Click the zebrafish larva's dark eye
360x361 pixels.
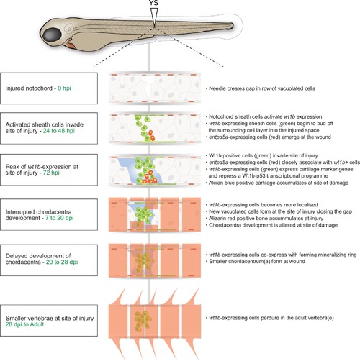(x=52, y=35)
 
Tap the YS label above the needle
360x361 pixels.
(x=154, y=3)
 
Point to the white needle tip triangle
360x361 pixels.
(x=154, y=17)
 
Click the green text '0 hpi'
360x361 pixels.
(x=64, y=88)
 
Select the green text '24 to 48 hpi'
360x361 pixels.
(x=59, y=131)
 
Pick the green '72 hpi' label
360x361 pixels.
(x=51, y=173)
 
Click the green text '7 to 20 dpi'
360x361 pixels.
(x=60, y=218)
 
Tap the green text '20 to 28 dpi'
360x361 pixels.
(x=62, y=262)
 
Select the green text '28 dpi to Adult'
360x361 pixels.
(x=24, y=324)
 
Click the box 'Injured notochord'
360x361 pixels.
(x=49, y=88)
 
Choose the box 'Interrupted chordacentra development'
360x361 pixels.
(x=49, y=214)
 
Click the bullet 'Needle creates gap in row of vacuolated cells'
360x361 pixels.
(x=261, y=88)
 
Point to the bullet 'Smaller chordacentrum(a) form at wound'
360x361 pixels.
(x=256, y=261)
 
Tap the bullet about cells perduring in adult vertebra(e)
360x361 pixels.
(x=270, y=318)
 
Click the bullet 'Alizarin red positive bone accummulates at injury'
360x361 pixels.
(x=264, y=219)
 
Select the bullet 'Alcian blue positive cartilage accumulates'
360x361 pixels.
(x=277, y=183)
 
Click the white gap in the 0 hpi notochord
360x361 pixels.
(x=148, y=88)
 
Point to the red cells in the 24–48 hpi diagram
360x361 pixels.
(x=151, y=135)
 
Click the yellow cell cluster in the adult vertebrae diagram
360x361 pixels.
(x=143, y=321)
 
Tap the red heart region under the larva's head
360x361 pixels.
(x=71, y=45)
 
